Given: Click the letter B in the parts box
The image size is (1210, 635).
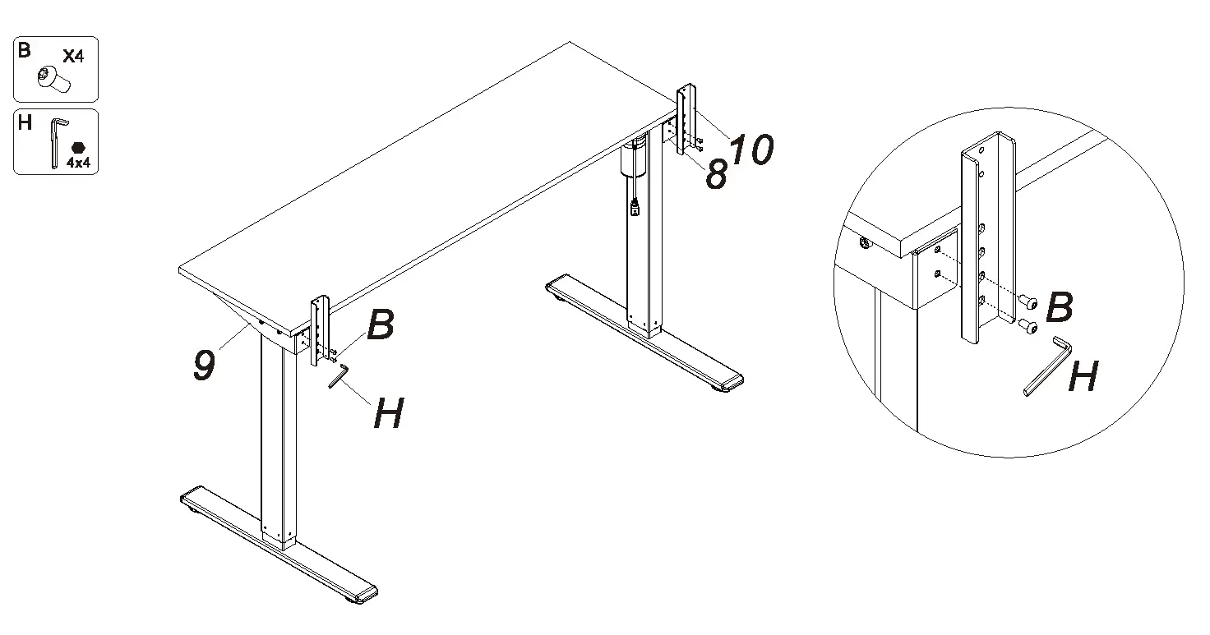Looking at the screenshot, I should coord(25,51).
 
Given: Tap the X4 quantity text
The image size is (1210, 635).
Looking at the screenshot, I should coord(73,56).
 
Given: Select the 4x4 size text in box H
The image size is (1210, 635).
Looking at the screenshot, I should coord(78,163).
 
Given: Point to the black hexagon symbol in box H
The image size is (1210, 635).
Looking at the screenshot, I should coord(78,147).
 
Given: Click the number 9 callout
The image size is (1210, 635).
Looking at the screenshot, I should coord(205,366).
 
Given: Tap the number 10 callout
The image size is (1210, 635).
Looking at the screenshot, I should coord(751,150).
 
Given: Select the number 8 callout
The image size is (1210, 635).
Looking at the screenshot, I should coord(716,175).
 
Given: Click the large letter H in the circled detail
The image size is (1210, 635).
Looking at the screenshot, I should coord(1083,378).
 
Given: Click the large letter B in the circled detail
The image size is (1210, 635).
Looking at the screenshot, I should coord(1060,308).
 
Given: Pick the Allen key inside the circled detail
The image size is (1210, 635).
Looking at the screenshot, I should coord(1046,366).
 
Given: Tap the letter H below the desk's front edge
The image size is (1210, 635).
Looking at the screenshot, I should coord(388,413).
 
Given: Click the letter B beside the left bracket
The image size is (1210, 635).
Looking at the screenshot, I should coord(381,325).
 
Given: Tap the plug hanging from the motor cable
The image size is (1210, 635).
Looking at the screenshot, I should coord(635,209).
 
